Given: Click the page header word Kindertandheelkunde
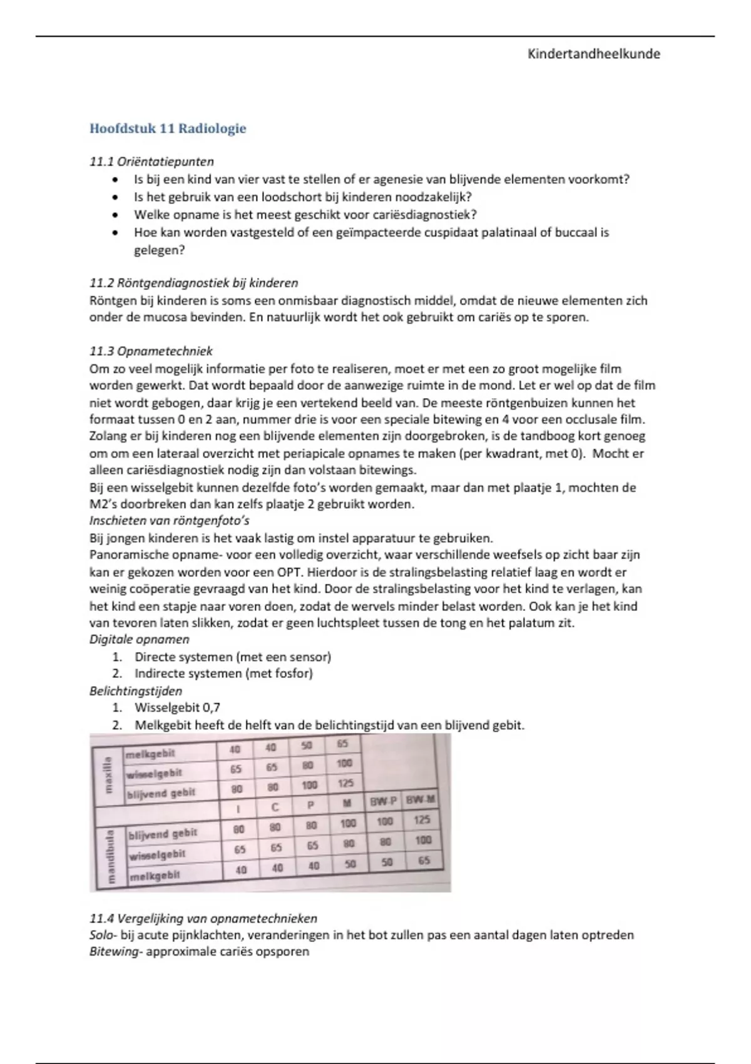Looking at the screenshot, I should (593, 54).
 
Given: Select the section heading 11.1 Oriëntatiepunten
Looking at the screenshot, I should (151, 161).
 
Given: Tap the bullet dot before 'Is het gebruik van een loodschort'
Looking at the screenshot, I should (114, 197).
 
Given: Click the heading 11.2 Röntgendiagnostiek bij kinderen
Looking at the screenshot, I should (193, 283).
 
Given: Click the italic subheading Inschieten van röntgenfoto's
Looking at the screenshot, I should (170, 521).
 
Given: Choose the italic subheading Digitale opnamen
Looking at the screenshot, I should (139, 640).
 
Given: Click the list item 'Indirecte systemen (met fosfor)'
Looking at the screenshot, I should (223, 673).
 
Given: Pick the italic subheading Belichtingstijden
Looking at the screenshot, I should (136, 691).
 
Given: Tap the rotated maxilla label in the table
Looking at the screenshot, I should (108, 774).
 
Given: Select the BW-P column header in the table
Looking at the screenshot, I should (383, 801).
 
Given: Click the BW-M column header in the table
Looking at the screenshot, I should (419, 799).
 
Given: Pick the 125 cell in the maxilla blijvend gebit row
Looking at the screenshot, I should (345, 783).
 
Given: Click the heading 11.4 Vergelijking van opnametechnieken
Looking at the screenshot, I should (203, 919).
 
